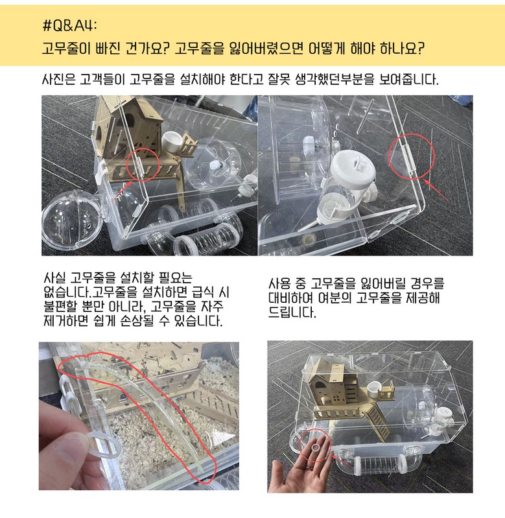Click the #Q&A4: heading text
[70, 25]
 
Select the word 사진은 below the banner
[59, 79]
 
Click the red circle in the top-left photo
[143, 165]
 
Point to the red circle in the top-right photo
[411, 156]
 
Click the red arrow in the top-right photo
[437, 191]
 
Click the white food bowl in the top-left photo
[172, 142]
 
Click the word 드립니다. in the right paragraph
[292, 312]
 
